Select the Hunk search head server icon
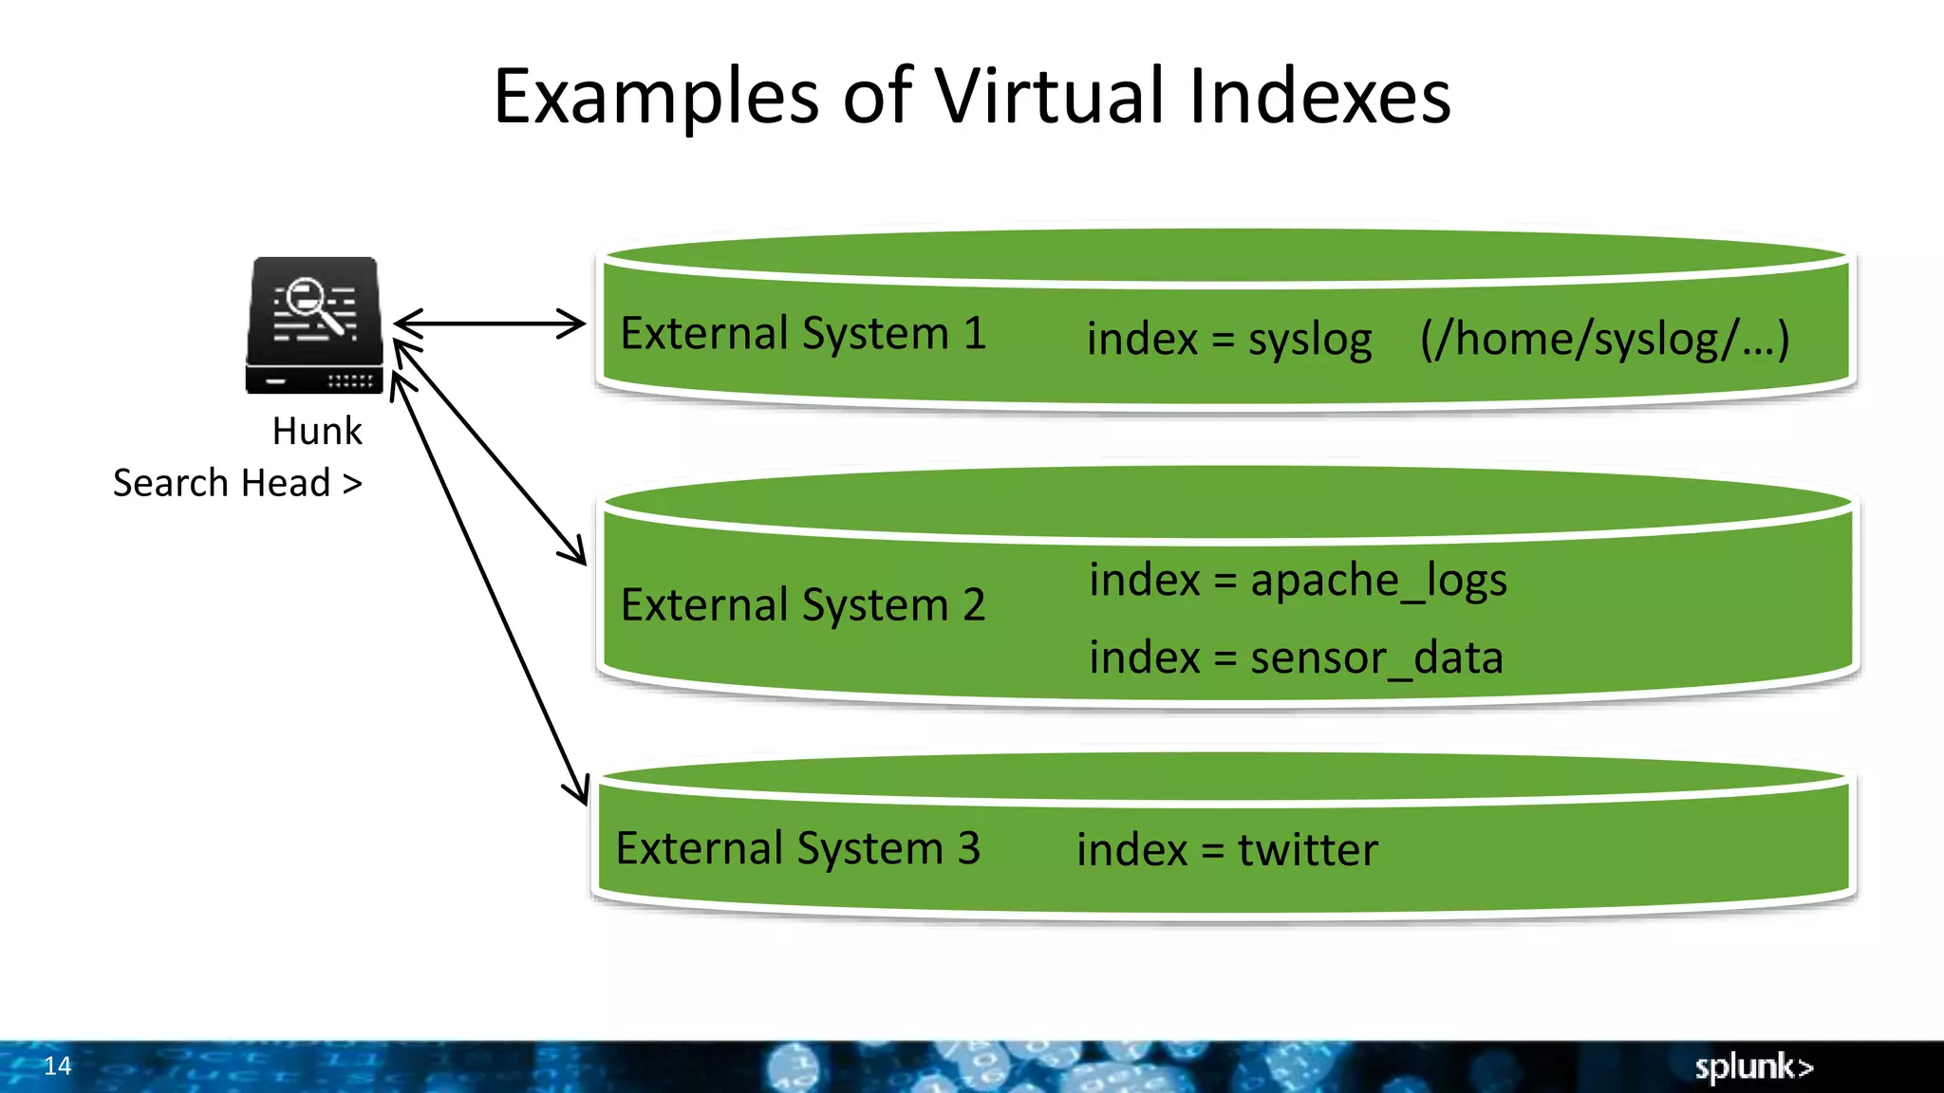tap(315, 325)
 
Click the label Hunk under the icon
tap(317, 432)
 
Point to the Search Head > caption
tap(237, 483)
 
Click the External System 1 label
tap(803, 334)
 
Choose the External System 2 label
tap(803, 605)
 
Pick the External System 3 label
tap(797, 848)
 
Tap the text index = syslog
tap(1229, 340)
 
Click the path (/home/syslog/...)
tap(1604, 340)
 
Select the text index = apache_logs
tap(1298, 581)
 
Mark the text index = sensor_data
tap(1296, 658)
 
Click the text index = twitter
tap(1227, 850)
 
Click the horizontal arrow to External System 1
tap(490, 324)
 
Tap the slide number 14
tap(58, 1065)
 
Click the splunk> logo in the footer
tap(1754, 1066)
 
